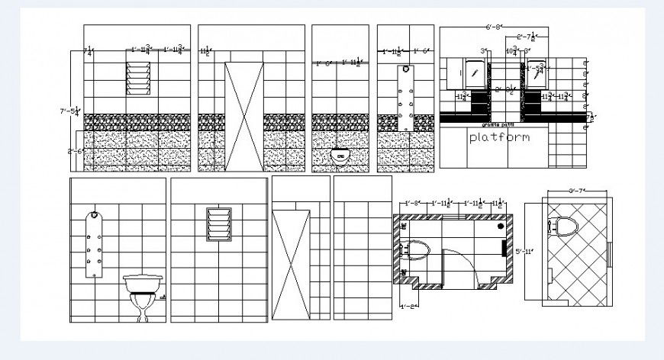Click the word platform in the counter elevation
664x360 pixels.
pyautogui.click(x=498, y=138)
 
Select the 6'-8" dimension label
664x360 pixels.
pyautogui.click(x=494, y=27)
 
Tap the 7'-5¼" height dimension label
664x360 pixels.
pyautogui.click(x=73, y=111)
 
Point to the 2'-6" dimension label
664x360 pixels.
pyautogui.click(x=75, y=151)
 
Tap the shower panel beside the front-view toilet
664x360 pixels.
pyautogui.click(x=94, y=244)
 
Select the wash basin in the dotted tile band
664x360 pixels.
pyautogui.click(x=340, y=156)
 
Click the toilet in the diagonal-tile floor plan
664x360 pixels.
pyautogui.click(x=566, y=225)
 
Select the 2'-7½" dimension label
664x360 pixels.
pyautogui.click(x=530, y=37)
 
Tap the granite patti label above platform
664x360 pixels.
pyautogui.click(x=493, y=124)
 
